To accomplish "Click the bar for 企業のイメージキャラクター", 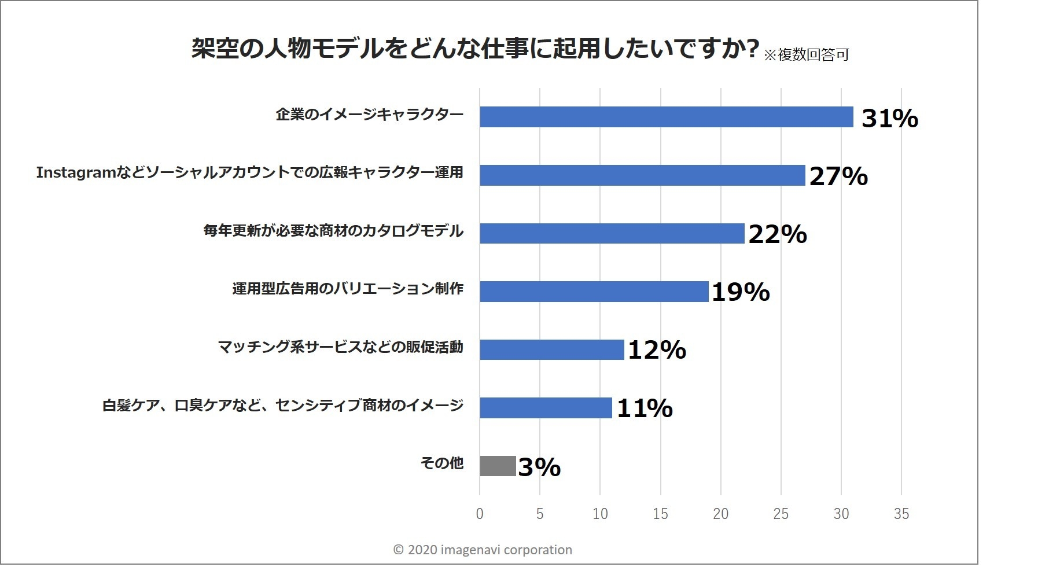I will [x=666, y=117].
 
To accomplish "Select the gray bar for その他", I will [x=497, y=466].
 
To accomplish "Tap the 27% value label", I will [x=838, y=176].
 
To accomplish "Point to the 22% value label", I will [x=777, y=234].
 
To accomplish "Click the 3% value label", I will [x=539, y=467].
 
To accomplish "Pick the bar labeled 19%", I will [x=594, y=292].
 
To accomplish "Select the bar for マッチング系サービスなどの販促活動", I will [x=551, y=349].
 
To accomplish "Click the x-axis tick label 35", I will [x=901, y=514].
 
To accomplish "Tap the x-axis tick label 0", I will [x=479, y=514].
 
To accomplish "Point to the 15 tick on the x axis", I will [x=660, y=514].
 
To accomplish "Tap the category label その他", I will [x=441, y=463].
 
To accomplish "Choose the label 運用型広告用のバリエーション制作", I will [x=347, y=288].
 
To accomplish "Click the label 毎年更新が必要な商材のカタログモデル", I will [x=333, y=231].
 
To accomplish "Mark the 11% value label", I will [x=644, y=408].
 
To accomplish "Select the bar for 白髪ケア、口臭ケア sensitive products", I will [x=545, y=408].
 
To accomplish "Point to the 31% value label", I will [x=889, y=119].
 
